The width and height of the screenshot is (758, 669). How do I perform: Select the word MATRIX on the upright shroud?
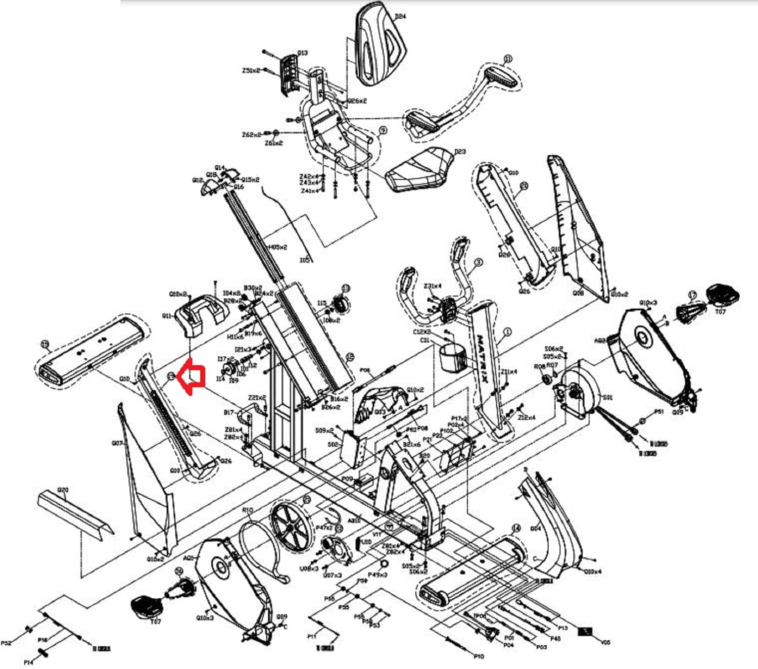click(483, 359)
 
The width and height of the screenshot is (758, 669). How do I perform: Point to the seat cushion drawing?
click(419, 169)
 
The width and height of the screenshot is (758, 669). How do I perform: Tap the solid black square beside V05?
click(586, 632)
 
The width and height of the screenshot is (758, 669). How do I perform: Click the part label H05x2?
click(277, 247)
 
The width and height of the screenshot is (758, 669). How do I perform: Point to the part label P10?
click(479, 656)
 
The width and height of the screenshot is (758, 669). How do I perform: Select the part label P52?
click(7, 643)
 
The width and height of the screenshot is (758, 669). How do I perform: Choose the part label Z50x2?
click(251, 71)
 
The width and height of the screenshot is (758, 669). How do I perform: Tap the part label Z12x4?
click(526, 417)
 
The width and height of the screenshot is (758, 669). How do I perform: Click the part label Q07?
click(117, 443)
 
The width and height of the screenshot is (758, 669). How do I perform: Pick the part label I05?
click(305, 260)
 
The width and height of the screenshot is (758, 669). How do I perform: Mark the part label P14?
click(29, 662)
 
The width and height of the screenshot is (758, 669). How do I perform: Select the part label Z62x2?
click(251, 135)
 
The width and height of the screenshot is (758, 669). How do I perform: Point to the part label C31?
click(424, 341)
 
